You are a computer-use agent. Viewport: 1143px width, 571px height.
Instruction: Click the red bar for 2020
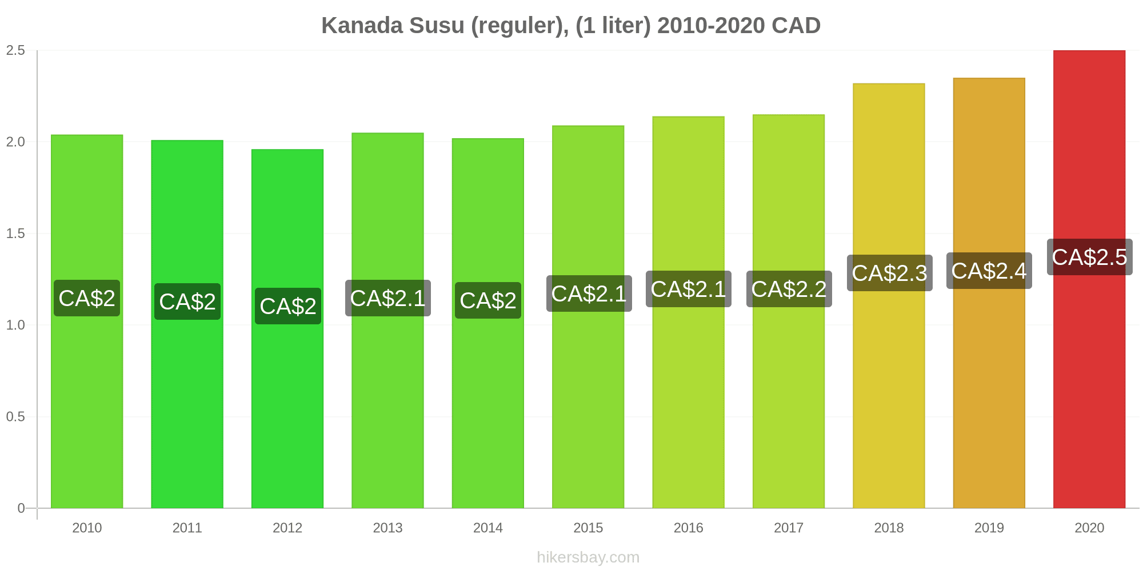pos(1089,279)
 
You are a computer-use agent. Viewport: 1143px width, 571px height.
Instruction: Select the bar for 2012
pos(287,329)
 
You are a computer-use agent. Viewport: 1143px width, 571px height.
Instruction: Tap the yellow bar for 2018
pos(889,296)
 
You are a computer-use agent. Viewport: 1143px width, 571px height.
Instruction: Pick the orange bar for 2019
pos(989,293)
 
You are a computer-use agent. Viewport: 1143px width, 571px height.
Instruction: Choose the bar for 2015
pos(588,317)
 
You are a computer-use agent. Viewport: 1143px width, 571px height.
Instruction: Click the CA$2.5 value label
pos(1089,257)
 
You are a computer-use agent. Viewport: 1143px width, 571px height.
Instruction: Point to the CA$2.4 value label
pos(989,271)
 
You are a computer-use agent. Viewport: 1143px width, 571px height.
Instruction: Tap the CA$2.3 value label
pos(889,273)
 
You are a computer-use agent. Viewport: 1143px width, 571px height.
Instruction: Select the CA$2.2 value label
pos(789,289)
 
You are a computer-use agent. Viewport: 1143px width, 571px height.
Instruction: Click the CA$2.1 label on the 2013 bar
pos(388,298)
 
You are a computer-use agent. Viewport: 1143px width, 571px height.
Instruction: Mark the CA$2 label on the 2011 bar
pos(187,301)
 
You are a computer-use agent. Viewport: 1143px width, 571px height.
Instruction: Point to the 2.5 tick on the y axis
pos(15,50)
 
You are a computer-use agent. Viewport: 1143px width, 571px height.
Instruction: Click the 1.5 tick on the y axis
pos(15,234)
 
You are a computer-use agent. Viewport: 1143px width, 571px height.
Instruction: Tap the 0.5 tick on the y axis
pos(15,417)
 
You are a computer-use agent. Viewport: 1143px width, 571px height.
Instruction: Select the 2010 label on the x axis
pos(87,528)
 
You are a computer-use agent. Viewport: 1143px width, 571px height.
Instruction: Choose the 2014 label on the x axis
pos(488,528)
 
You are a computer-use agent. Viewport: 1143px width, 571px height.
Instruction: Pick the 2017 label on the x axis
pos(789,528)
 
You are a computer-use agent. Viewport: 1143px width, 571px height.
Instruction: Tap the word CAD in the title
pos(796,26)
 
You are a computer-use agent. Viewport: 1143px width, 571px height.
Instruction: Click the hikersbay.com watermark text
pos(588,557)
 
